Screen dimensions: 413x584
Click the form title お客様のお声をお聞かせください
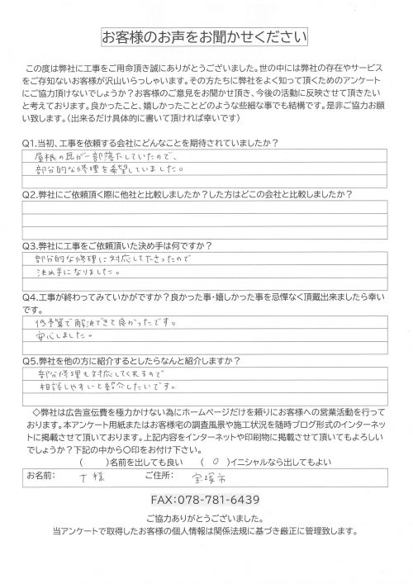pyautogui.click(x=205, y=38)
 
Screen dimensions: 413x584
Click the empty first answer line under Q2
pyautogui.click(x=206, y=210)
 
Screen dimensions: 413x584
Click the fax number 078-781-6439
pyautogui.click(x=206, y=500)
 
